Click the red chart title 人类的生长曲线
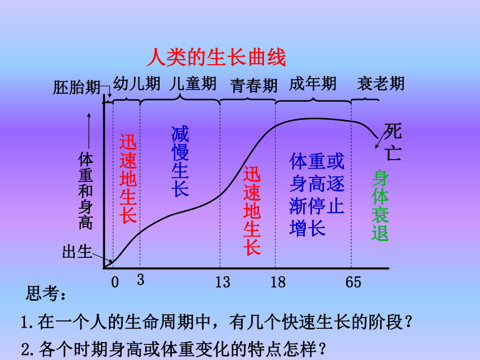pos(217,57)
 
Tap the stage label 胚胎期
pos(77,88)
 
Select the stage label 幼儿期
pos(137,83)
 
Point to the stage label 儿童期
pos(193,83)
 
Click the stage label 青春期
pos(254,85)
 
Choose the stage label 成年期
pos(313,83)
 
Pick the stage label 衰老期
pos(381,83)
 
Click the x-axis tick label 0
pos(115,282)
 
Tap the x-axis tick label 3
pos(141,280)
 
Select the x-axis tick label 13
pos(223,282)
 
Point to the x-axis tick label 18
pos(278,282)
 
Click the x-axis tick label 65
pos(353,282)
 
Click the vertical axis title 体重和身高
pos(85,191)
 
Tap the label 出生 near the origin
pos(77,252)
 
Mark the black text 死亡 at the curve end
pos(393,141)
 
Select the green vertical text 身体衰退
pos(380,205)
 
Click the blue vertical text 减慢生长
pos(180,161)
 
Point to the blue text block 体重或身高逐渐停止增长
pos(317,195)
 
